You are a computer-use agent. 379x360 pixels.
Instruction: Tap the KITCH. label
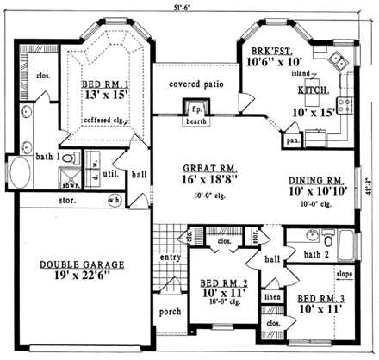point(312,90)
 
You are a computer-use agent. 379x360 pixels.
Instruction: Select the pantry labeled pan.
point(293,138)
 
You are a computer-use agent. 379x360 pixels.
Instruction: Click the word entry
point(169,258)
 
